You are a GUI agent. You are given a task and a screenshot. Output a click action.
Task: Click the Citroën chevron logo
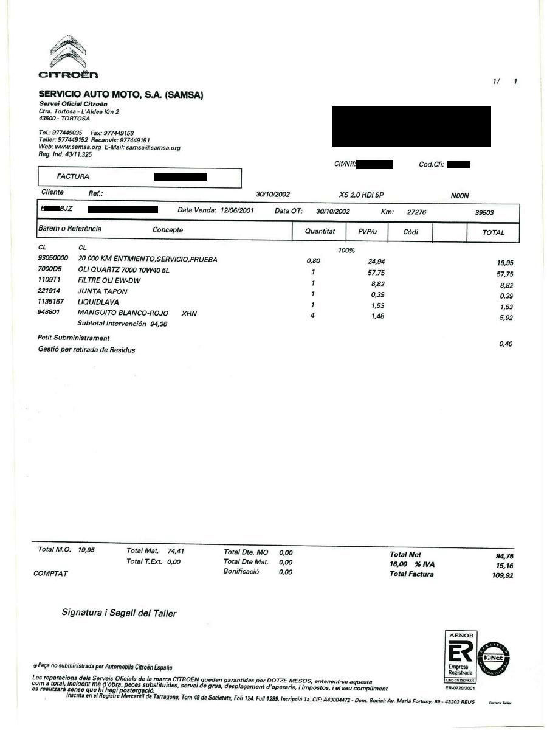67,52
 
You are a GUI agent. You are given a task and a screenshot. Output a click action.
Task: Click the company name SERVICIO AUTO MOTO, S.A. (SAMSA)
121,95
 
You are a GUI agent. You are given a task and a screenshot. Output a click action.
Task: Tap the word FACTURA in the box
73,176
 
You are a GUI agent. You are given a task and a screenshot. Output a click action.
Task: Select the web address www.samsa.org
78,147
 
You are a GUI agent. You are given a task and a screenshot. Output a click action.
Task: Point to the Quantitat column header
320,232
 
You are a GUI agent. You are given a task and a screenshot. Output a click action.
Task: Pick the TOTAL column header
493,232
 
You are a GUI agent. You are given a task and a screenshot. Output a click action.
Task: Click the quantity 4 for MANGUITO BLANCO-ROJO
312,315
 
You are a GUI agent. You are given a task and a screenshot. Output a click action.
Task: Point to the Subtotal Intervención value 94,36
159,324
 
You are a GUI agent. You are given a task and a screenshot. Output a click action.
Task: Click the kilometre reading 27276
416,212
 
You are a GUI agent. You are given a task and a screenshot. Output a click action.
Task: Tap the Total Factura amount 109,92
502,575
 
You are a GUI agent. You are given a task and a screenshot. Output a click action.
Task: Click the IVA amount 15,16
504,566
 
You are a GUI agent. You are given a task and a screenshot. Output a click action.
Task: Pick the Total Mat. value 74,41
176,551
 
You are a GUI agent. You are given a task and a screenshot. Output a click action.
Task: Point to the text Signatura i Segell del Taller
119,613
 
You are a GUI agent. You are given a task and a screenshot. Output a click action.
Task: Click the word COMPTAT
50,574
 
